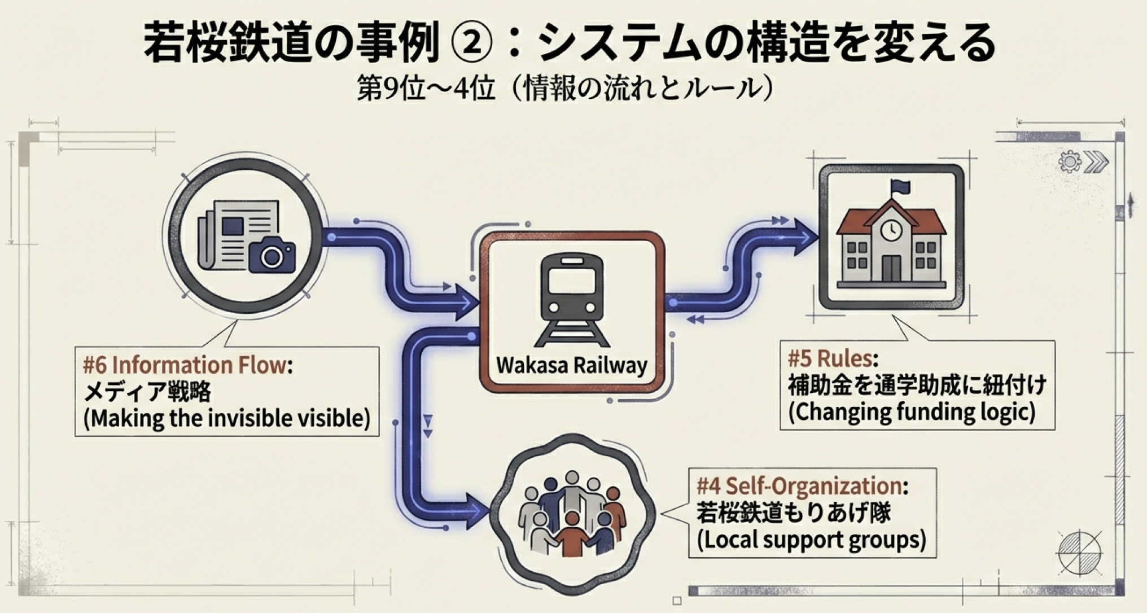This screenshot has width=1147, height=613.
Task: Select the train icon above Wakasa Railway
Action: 572,299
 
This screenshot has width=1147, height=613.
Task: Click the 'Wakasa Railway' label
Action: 572,365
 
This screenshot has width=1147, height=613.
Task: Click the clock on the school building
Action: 891,229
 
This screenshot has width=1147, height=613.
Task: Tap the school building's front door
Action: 891,268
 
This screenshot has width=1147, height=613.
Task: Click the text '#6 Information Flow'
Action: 184,365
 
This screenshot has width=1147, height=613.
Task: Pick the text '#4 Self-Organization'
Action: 798,485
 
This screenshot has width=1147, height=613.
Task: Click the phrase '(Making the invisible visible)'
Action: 227,419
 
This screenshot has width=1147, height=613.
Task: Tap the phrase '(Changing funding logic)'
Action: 912,411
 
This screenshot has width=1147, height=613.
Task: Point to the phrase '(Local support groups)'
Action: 811,540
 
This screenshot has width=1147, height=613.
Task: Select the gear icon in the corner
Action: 1069,162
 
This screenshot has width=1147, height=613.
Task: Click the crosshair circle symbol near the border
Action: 1079,553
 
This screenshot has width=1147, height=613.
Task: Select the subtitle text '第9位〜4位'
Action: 425,89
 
